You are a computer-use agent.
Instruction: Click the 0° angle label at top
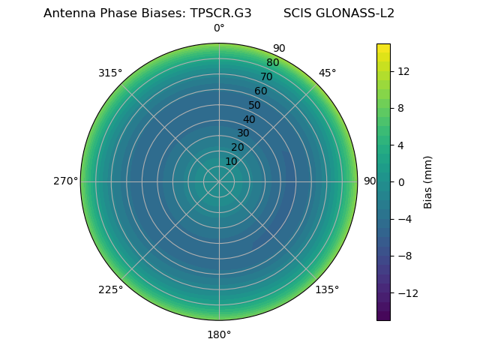click(x=219, y=28)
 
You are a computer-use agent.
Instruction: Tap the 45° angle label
click(x=328, y=73)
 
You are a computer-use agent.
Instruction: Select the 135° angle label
click(x=327, y=289)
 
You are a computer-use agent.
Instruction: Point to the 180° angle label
click(x=219, y=334)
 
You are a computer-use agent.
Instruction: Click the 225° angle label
click(x=110, y=289)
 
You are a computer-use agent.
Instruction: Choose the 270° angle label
click(x=65, y=181)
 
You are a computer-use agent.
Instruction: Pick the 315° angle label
click(x=110, y=73)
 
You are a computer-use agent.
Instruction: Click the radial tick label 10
click(x=232, y=161)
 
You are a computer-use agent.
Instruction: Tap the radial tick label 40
click(x=249, y=119)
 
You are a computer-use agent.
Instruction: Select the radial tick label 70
click(x=266, y=76)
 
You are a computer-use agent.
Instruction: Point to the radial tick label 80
click(x=272, y=63)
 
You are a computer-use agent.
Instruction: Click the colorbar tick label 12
click(x=403, y=71)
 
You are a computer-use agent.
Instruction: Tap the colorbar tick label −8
click(x=403, y=255)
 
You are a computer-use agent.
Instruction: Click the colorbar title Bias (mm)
click(x=428, y=181)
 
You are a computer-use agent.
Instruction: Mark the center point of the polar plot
click(x=219, y=181)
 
